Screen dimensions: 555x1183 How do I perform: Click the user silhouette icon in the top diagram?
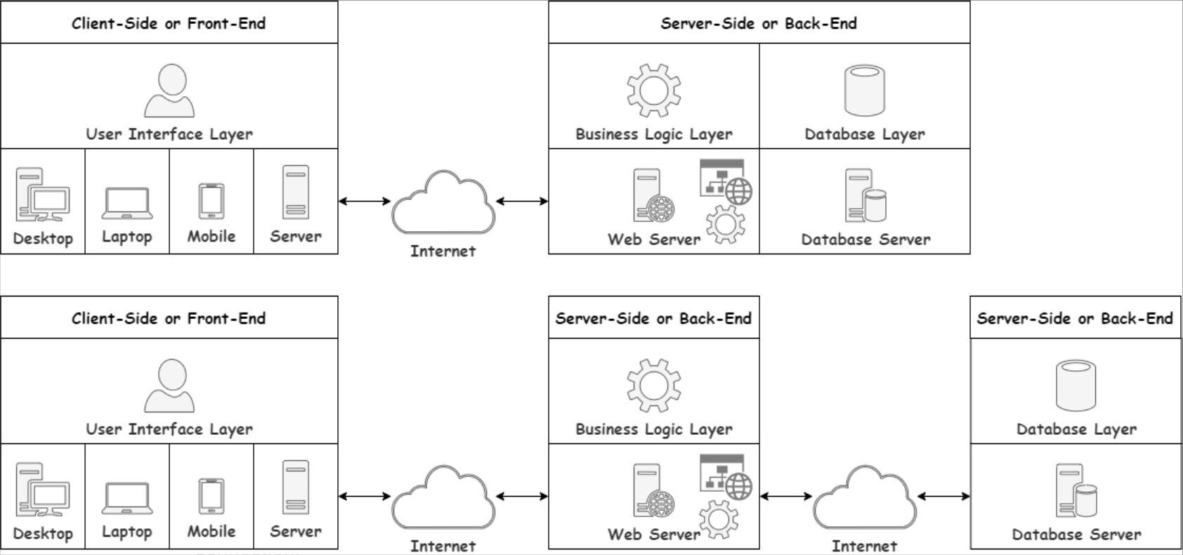pos(169,91)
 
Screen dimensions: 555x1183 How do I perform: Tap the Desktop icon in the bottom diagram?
pos(42,489)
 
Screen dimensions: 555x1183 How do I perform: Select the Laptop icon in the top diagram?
pos(127,203)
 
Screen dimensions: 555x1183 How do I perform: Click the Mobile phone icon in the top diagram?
pos(211,201)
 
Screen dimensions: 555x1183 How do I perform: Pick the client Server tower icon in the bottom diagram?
pos(296,488)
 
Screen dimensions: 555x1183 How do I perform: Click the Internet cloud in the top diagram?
pos(443,203)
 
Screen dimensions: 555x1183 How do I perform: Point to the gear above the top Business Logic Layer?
pos(654,90)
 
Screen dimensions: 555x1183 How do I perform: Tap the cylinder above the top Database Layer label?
pos(864,90)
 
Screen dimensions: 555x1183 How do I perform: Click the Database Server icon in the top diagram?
pos(865,195)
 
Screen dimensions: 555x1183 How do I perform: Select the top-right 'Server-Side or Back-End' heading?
pos(759,23)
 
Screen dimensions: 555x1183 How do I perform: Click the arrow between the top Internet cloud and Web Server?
pos(522,201)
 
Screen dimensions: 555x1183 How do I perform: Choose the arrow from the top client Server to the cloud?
pos(365,201)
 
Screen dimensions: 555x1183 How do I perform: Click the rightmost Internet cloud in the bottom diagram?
pos(864,498)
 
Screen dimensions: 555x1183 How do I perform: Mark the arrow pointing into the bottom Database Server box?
pos(943,496)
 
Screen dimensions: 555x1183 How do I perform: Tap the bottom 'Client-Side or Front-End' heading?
pos(169,318)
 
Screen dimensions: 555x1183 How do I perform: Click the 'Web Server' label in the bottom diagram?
pos(654,534)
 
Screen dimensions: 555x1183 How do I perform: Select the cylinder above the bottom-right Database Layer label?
pos(1076,385)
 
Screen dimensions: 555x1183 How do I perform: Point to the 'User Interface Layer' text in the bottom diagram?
pos(169,429)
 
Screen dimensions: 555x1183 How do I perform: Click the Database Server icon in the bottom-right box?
pos(1076,490)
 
